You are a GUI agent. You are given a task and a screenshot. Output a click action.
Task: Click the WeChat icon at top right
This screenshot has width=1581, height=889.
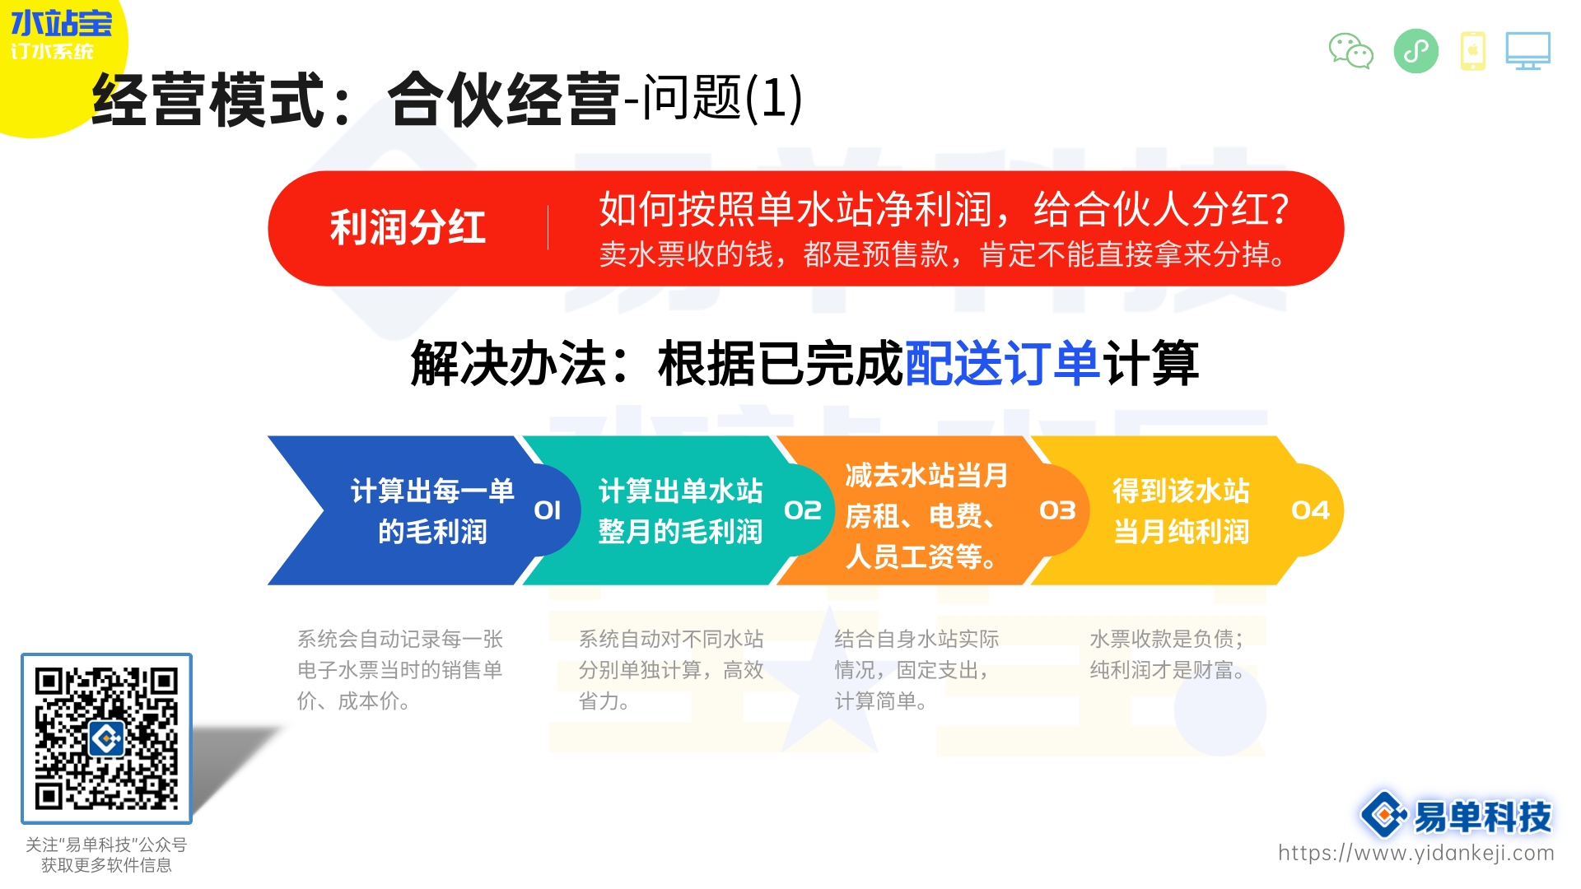(1350, 51)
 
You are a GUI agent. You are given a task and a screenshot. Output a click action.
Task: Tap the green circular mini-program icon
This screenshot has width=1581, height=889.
(1415, 51)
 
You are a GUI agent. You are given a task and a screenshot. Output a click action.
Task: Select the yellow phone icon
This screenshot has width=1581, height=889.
(1472, 51)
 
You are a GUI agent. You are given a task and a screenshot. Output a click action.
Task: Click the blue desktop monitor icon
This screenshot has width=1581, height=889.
(1527, 51)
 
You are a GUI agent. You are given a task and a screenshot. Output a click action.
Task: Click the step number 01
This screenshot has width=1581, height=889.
(548, 510)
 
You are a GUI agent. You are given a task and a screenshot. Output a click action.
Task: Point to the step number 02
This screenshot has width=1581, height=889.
(803, 510)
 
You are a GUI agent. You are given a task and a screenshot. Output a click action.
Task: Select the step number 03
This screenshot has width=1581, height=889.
(1057, 510)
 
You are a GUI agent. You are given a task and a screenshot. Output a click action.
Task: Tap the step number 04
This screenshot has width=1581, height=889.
(1310, 510)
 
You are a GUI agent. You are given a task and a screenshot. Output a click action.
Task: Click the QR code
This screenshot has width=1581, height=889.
(106, 738)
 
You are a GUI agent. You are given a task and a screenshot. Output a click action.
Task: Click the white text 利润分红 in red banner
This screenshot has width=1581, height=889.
(408, 228)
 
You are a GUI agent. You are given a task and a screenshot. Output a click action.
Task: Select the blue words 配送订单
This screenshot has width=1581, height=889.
(1002, 363)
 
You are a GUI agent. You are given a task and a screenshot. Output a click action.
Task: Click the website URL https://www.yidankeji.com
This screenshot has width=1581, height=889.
(1415, 853)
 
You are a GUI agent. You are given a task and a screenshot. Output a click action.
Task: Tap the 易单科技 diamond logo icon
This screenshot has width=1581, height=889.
(1383, 815)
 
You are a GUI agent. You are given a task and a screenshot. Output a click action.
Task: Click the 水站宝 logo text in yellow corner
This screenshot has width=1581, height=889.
(61, 23)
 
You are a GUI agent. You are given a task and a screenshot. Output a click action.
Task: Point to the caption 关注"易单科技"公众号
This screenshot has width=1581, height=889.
(106, 845)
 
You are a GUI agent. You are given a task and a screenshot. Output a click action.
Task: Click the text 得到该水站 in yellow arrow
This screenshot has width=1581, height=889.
(1181, 491)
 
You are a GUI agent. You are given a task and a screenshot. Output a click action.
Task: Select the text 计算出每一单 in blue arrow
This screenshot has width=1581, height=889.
(432, 491)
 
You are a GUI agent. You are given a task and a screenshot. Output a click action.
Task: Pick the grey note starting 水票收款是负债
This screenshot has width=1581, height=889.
(1166, 639)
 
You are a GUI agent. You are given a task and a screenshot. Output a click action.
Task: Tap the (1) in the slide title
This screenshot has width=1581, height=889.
(773, 99)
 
